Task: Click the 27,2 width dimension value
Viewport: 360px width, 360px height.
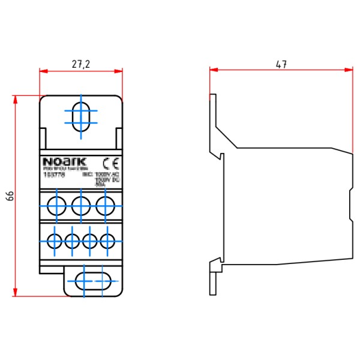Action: (x=81, y=64)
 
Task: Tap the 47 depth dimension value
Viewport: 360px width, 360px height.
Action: (x=280, y=63)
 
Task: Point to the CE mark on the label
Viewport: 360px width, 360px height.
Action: (x=112, y=162)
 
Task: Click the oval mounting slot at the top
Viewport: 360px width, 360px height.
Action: (x=81, y=115)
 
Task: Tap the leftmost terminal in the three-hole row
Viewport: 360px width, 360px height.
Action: (x=58, y=205)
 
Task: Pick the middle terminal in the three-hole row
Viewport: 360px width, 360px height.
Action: (x=81, y=205)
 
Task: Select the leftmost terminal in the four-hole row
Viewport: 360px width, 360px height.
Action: (x=54, y=241)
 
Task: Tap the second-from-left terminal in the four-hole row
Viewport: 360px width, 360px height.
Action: (x=72, y=241)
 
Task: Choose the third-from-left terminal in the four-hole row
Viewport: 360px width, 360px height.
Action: (x=90, y=241)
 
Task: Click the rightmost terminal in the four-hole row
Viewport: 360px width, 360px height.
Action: (x=108, y=241)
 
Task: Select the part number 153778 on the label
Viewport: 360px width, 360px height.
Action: (x=52, y=175)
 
